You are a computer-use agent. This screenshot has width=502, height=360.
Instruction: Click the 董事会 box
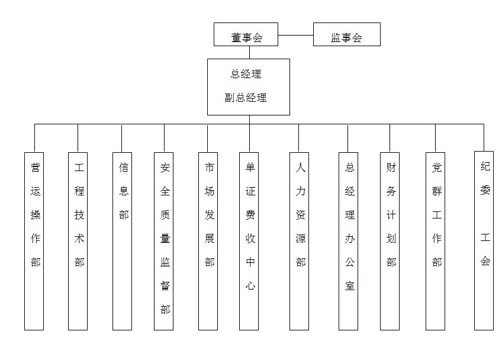click(246, 35)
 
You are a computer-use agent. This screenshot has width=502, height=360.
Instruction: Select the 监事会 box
click(346, 35)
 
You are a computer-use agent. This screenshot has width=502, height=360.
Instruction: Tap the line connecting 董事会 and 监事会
click(295, 35)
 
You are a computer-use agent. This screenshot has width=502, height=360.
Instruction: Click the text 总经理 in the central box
click(246, 75)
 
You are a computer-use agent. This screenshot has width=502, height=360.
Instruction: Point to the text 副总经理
click(246, 98)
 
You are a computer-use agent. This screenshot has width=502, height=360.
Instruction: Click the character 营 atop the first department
click(36, 168)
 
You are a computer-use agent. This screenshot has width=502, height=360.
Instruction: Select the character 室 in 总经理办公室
click(350, 285)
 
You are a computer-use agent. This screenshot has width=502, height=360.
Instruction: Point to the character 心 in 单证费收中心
click(250, 285)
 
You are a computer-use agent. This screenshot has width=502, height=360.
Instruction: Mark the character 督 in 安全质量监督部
click(165, 285)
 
